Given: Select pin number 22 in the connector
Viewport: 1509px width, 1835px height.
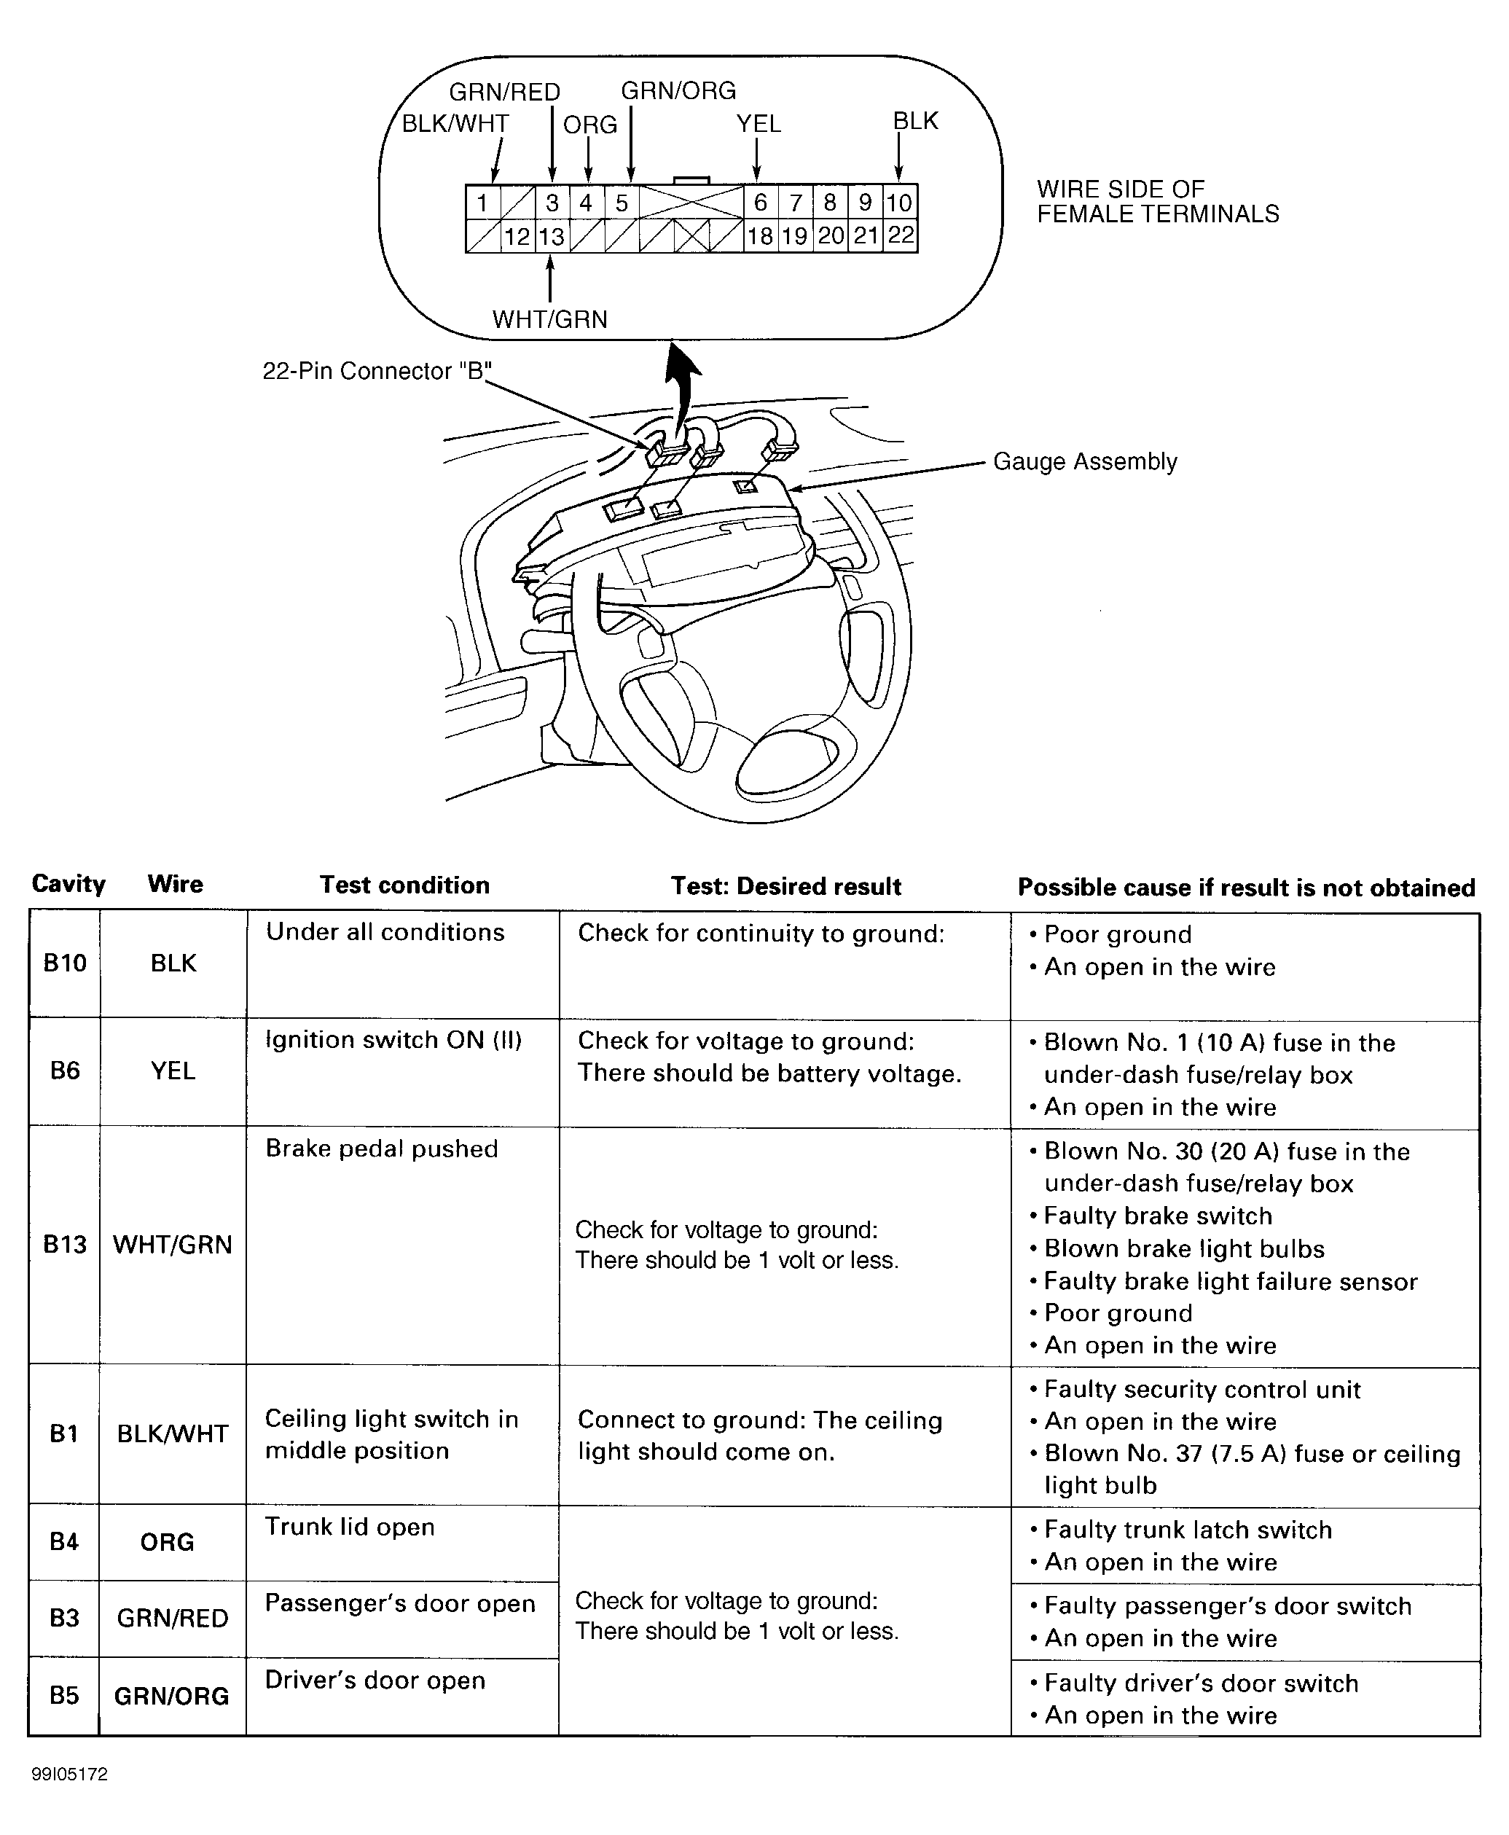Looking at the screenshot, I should click(x=901, y=235).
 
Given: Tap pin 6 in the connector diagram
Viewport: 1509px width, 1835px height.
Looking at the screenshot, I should click(x=761, y=203).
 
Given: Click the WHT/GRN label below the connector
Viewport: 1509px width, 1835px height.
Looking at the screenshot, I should click(x=549, y=319).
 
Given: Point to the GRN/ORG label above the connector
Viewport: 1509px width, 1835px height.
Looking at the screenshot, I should click(x=678, y=90).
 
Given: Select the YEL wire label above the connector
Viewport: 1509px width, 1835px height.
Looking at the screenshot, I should click(x=758, y=125).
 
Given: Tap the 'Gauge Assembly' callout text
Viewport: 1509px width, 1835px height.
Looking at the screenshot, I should click(x=1085, y=461).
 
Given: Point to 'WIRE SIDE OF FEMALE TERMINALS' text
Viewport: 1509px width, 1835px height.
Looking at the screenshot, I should click(x=1157, y=202).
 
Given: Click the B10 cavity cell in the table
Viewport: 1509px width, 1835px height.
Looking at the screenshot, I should click(x=65, y=963).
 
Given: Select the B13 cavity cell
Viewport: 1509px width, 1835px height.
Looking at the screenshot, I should click(x=65, y=1244).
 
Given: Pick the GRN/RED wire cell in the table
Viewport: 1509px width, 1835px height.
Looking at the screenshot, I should click(x=172, y=1618).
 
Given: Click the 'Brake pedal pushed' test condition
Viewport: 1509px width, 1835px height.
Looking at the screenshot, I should click(x=382, y=1149).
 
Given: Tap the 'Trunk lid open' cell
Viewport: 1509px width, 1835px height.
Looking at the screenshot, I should click(x=350, y=1527).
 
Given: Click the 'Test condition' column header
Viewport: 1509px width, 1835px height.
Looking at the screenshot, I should click(x=404, y=885).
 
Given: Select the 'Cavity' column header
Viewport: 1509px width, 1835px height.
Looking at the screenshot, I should click(x=68, y=884).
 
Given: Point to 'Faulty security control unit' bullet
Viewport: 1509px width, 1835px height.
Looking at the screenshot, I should click(x=1202, y=1389).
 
